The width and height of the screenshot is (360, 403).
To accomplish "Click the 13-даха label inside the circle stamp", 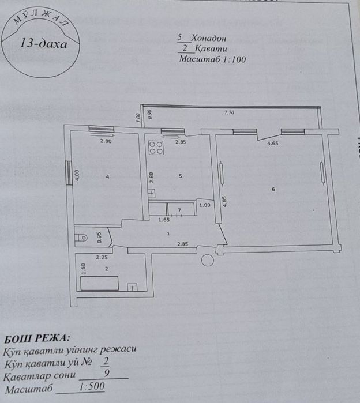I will (x=43, y=43).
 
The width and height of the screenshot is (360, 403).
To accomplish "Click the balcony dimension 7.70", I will (x=230, y=113).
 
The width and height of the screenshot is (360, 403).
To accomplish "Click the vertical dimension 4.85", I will (x=224, y=202).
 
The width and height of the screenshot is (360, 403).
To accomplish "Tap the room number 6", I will (x=273, y=190).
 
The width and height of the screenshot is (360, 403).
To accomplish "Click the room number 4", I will (x=107, y=176).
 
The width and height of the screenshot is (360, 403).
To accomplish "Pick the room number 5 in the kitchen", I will (x=181, y=176).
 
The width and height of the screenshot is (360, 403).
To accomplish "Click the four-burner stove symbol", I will (x=156, y=148).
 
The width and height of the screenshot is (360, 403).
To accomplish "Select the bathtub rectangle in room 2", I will (x=99, y=283).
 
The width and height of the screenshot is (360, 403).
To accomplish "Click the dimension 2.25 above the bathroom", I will (x=102, y=258).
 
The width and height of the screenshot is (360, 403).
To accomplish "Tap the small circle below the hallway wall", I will (x=206, y=261).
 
